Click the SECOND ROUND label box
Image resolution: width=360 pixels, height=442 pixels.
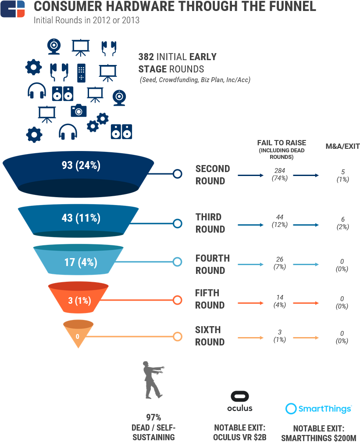point(213,175)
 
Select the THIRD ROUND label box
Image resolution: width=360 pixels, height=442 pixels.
point(211,223)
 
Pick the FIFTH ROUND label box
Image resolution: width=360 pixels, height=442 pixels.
point(211,299)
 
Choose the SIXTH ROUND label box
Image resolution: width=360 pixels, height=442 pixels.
point(211,336)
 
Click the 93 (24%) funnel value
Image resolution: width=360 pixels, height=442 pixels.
point(81,165)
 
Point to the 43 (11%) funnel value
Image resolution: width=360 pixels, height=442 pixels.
point(81,218)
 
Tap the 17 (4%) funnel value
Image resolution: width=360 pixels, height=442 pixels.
point(81,262)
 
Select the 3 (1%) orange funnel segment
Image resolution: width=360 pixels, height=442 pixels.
point(79,300)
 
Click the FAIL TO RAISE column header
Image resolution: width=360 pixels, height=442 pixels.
point(282,143)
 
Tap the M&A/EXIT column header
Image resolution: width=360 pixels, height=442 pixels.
point(342,146)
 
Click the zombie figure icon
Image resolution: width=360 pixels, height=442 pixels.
point(151,381)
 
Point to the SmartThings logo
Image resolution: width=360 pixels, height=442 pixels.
point(319,409)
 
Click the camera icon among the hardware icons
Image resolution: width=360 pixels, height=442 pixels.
point(78,110)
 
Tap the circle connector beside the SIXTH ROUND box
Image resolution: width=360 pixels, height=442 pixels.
point(177,337)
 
